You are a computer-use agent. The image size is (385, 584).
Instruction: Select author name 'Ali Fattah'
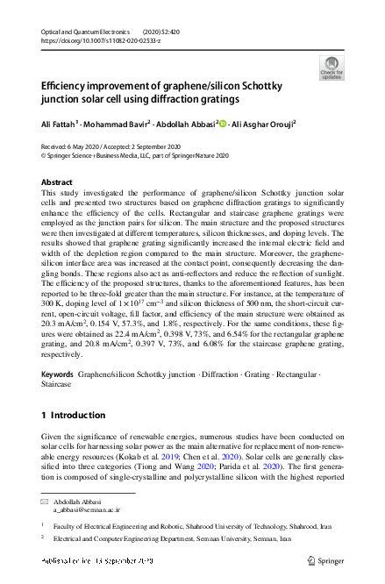click(58, 124)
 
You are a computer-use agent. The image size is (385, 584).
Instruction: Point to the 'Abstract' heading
click(57, 182)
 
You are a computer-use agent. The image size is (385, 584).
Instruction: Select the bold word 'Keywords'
click(58, 374)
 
